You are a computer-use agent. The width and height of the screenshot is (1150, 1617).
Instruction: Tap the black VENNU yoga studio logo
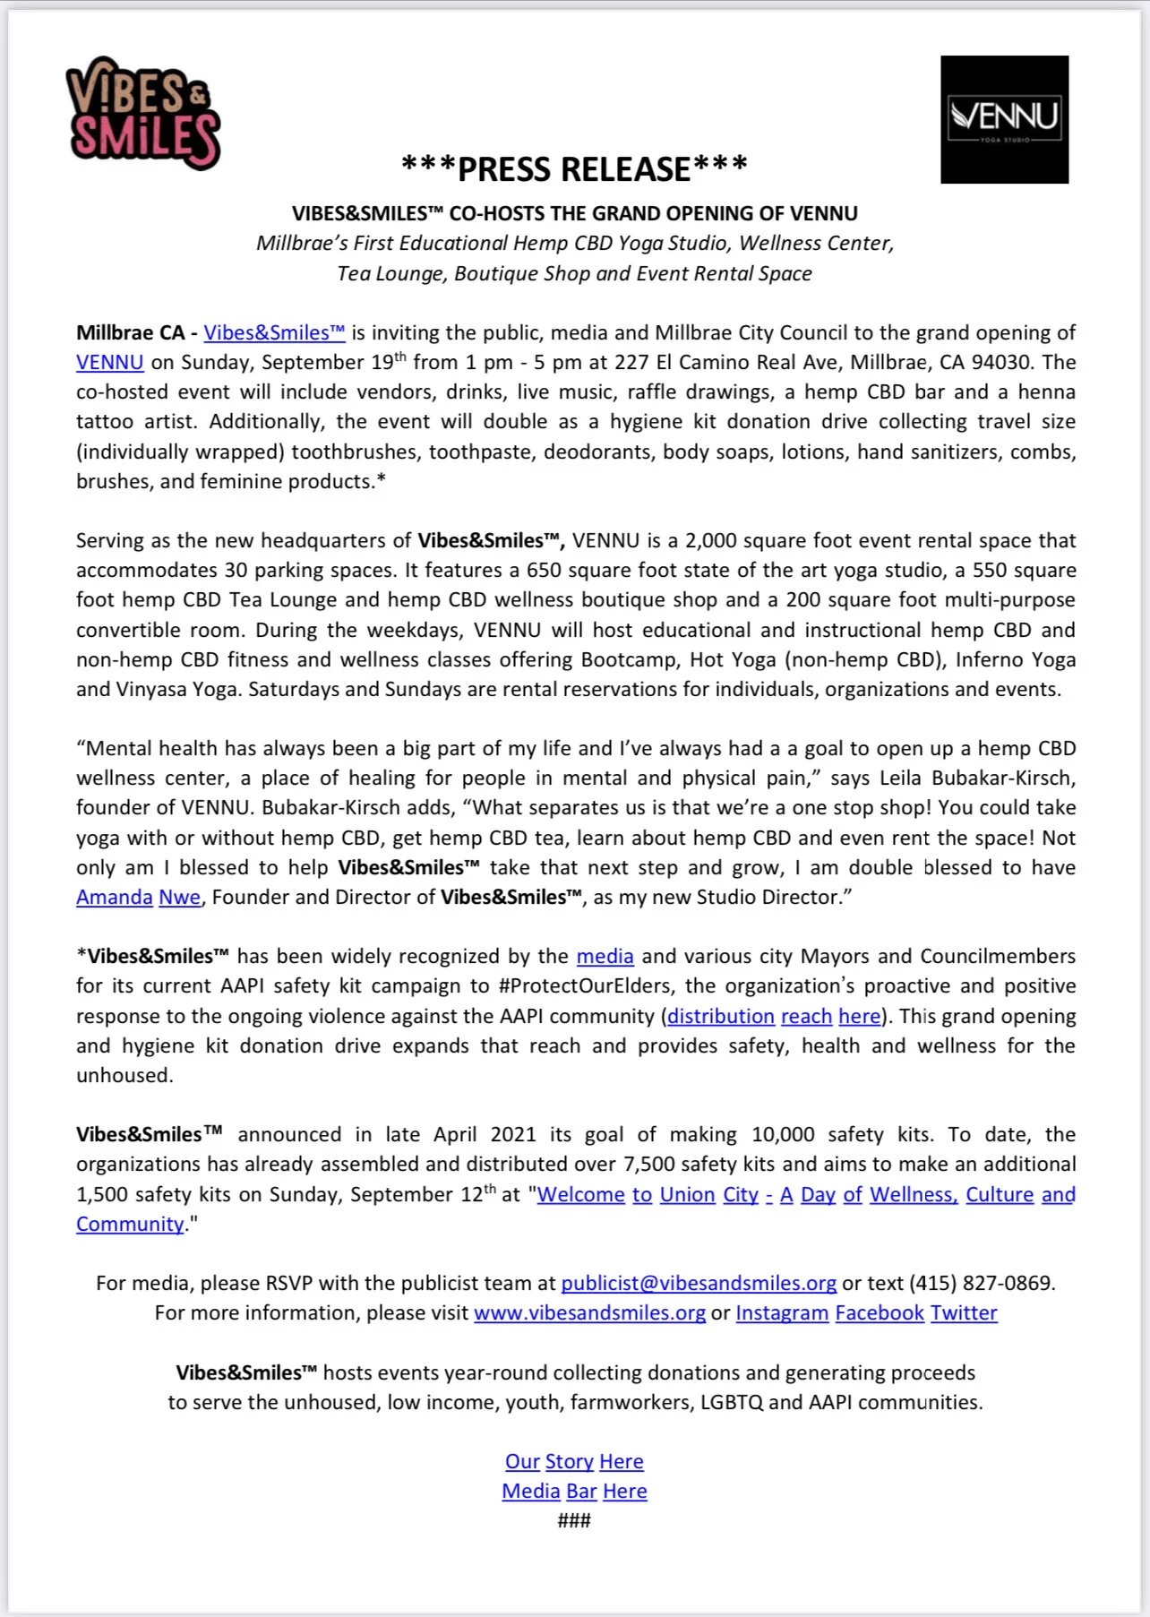(x=1004, y=119)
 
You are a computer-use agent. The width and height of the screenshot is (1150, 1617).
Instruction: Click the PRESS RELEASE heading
(x=574, y=168)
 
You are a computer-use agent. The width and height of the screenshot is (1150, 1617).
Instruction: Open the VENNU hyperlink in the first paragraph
(x=109, y=363)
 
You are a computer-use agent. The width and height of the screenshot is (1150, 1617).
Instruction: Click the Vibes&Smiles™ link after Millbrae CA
(x=274, y=333)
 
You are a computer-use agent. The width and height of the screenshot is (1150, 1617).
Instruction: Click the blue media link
(x=605, y=957)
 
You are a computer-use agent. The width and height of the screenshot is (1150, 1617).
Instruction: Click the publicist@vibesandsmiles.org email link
(x=699, y=1284)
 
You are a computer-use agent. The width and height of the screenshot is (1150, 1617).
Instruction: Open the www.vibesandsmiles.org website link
(x=589, y=1313)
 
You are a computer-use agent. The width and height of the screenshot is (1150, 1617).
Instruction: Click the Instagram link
(x=782, y=1313)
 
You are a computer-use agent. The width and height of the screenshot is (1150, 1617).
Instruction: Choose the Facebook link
(x=880, y=1313)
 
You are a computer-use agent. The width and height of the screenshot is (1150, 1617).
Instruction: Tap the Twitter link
(x=964, y=1313)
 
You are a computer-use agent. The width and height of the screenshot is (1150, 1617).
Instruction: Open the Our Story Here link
(x=574, y=1462)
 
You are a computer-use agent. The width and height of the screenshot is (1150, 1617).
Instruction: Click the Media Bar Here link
(x=574, y=1492)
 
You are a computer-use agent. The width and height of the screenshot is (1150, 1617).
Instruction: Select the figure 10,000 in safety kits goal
(x=783, y=1135)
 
